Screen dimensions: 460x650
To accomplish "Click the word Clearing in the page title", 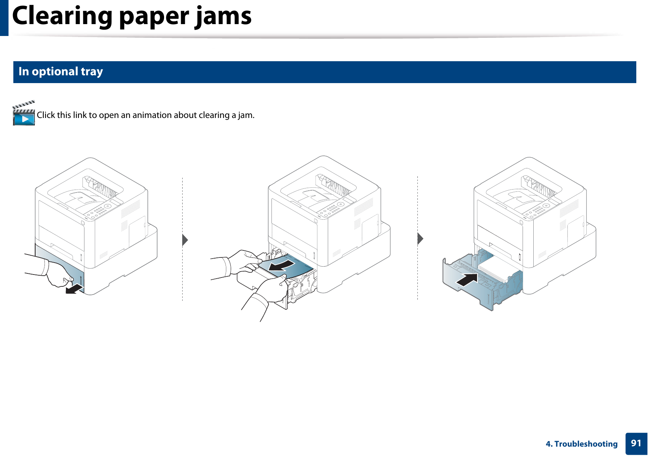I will tap(62, 16).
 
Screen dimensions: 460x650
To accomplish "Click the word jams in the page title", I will tap(223, 16).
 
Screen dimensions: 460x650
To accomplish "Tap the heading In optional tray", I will tap(61, 71).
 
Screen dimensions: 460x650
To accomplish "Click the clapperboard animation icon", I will tap(24, 114).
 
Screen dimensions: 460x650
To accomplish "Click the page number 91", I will tap(636, 443).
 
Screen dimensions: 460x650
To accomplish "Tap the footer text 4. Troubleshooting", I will tap(581, 444).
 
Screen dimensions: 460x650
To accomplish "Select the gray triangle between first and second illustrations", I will tap(185, 240).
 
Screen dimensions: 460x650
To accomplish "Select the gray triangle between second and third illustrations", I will tap(420, 239).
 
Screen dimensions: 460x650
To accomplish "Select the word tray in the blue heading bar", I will tap(92, 71).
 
